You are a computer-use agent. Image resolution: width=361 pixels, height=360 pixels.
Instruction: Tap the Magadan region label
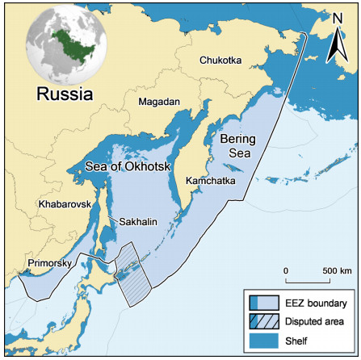tap(160, 103)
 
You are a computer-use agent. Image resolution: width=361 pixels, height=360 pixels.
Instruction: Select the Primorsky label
tap(47, 263)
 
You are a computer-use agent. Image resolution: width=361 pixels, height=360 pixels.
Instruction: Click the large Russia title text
tap(65, 94)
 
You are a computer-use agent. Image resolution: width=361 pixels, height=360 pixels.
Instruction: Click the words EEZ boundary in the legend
tap(315, 304)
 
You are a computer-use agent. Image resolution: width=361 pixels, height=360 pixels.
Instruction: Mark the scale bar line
tap(311, 279)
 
